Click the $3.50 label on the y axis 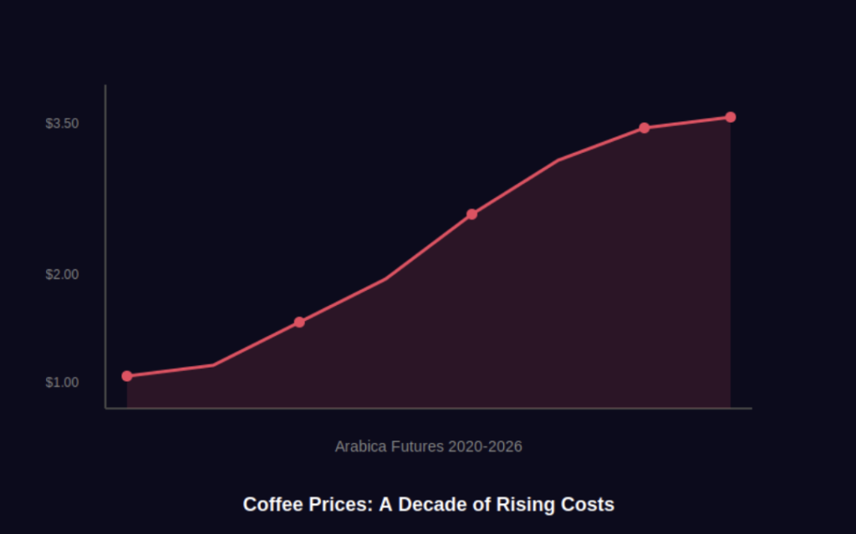click(x=62, y=124)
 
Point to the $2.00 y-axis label click(x=62, y=274)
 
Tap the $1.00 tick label click(x=62, y=383)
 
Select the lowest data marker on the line click(x=127, y=376)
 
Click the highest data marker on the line click(x=731, y=117)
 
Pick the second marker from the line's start click(x=299, y=322)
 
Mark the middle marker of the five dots click(x=472, y=214)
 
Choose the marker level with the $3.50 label click(x=645, y=128)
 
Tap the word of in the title click(x=481, y=505)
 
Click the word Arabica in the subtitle click(x=360, y=446)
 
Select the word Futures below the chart click(x=417, y=446)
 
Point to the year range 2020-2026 click(x=485, y=446)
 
